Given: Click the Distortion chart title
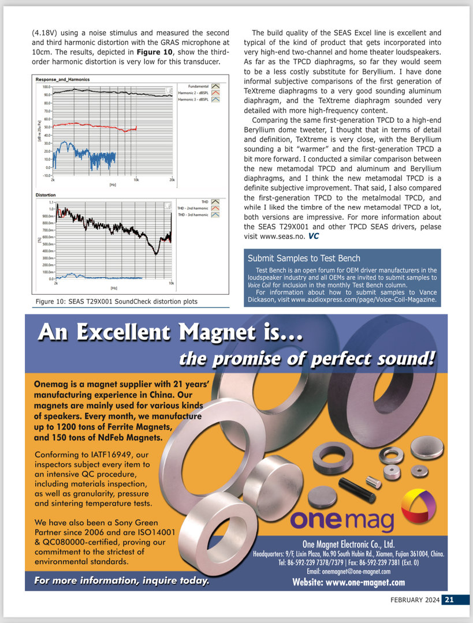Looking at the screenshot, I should pos(46,195).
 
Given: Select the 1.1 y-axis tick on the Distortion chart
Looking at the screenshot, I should pos(51,202).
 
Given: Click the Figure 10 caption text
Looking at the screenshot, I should pos(116,301).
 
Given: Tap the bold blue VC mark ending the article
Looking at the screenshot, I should pos(313,236).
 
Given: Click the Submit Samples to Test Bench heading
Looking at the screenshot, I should pos(304,258).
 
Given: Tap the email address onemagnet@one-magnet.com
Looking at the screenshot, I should pos(348,571).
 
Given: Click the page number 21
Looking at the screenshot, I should pos(448,600).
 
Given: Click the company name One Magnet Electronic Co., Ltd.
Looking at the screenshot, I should pos(348,544).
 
